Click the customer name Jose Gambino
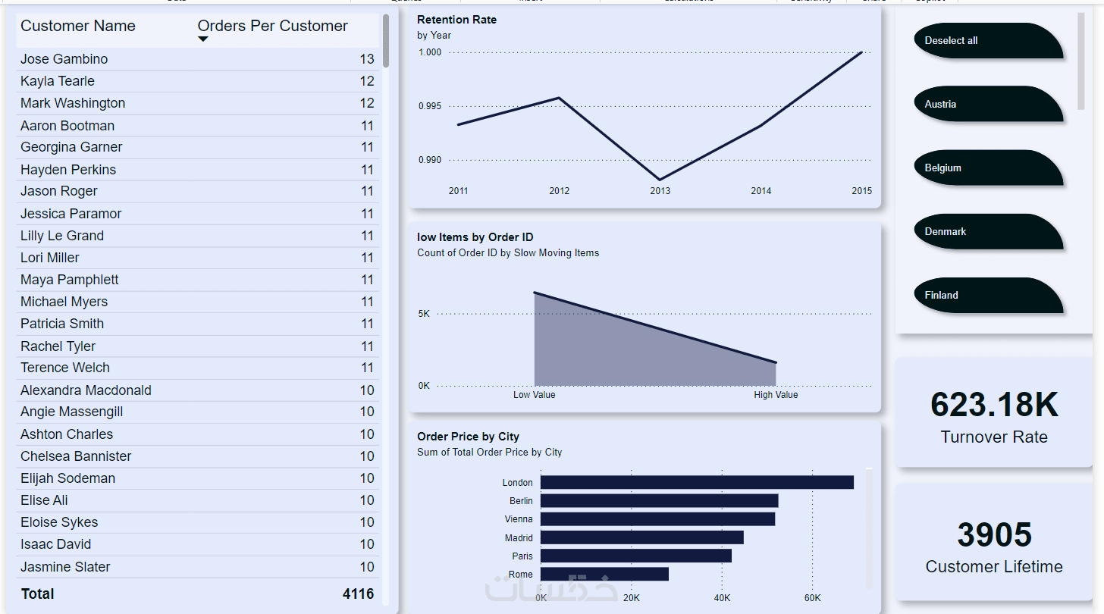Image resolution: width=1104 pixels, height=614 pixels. point(64,59)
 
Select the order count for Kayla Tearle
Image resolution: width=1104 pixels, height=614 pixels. point(367,81)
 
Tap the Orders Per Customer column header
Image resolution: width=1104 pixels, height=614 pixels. point(272,26)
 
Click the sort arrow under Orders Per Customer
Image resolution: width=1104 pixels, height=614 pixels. point(202,39)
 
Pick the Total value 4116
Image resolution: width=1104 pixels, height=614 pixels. point(358,594)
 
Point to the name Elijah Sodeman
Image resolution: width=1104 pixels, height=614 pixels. point(67,478)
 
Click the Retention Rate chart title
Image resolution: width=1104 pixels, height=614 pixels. point(456,19)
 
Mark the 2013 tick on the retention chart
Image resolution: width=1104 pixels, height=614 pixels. point(660,191)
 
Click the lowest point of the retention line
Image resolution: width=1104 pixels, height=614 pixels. point(660,180)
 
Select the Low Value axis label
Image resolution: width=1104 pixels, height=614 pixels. point(534,395)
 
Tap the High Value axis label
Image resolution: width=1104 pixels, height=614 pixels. point(776,395)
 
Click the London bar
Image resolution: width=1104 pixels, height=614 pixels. point(697,482)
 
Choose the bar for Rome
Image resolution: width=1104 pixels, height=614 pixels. point(604,574)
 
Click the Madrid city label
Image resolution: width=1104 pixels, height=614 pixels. point(519,537)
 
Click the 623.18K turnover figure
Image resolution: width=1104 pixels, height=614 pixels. point(994,405)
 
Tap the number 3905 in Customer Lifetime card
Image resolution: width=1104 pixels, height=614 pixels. point(994,535)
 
